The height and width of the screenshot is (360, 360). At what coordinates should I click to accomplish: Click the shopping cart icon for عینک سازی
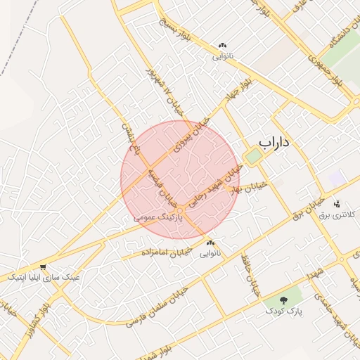(x=44, y=267)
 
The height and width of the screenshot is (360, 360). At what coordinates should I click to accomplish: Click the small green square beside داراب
(x=252, y=156)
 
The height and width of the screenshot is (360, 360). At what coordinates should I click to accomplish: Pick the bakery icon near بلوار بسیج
(x=222, y=46)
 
